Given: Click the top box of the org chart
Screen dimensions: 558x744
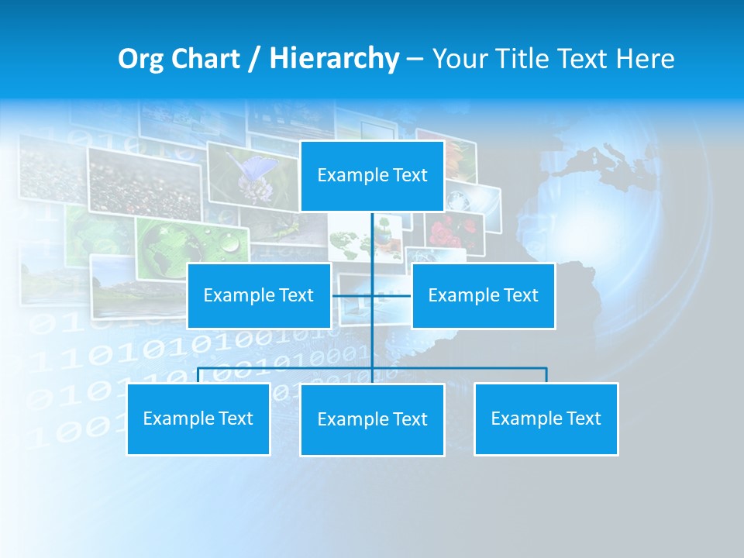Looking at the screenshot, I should point(372,176).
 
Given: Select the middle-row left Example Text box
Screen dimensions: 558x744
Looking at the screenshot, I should point(259,295).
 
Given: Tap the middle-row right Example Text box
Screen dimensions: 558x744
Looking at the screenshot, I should point(483,295).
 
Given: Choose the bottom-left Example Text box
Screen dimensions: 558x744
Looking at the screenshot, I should point(198,418).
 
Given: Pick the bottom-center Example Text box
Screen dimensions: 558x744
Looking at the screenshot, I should point(372,419).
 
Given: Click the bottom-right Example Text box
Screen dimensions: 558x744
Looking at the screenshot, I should point(546,418).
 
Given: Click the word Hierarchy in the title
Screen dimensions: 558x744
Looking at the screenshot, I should point(333,59).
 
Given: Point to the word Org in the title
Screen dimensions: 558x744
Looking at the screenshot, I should point(140,59).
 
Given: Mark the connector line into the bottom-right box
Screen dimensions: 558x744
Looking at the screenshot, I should point(546,375).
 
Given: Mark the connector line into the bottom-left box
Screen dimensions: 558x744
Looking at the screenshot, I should point(198,375).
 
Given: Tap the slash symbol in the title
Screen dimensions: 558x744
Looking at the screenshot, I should point(254,59).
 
